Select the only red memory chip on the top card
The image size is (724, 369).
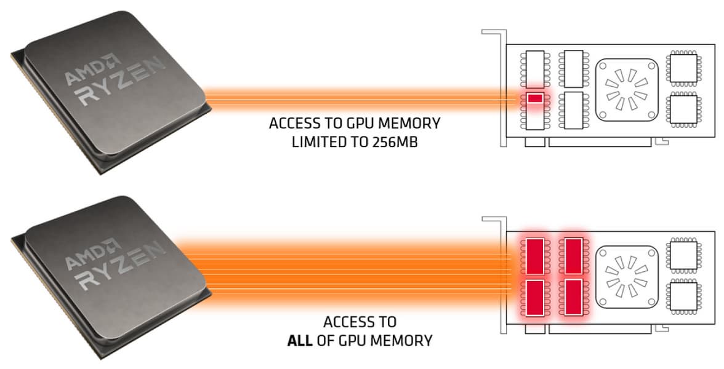click(x=534, y=98)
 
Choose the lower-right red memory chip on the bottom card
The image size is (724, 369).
click(x=573, y=296)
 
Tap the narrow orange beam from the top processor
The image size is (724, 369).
click(x=357, y=98)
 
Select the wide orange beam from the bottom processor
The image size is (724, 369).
click(x=357, y=271)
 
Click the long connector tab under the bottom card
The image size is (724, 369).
click(x=600, y=329)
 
